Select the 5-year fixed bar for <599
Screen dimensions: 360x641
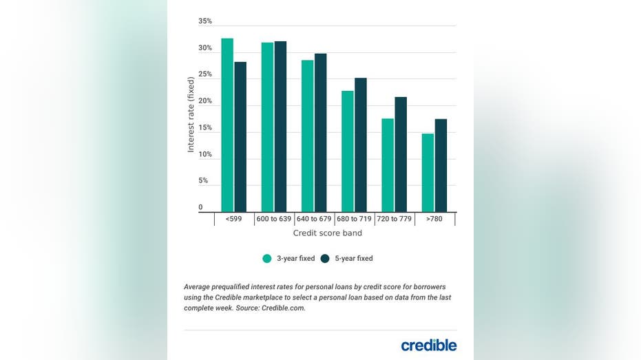pyautogui.click(x=240, y=137)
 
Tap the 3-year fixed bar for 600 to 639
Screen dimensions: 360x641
pyautogui.click(x=267, y=127)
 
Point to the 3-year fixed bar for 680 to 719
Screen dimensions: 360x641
pyautogui.click(x=348, y=151)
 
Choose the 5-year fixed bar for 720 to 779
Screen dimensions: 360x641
pyautogui.click(x=401, y=154)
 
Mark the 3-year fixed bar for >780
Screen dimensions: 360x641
pyautogui.click(x=428, y=173)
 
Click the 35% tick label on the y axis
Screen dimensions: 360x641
pyautogui.click(x=205, y=21)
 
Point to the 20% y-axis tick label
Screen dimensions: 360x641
pyautogui.click(x=205, y=101)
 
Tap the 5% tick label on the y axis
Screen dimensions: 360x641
pyautogui.click(x=204, y=181)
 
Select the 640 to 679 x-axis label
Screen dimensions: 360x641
pyautogui.click(x=314, y=219)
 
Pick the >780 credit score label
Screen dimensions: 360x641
pyautogui.click(x=434, y=219)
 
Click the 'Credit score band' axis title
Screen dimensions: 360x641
pyautogui.click(x=328, y=233)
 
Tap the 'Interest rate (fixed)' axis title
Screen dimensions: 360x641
pyautogui.click(x=191, y=114)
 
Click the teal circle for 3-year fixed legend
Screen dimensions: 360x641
pyautogui.click(x=267, y=259)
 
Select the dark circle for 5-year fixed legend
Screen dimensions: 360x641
pyautogui.click(x=325, y=259)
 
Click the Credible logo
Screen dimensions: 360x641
pyautogui.click(x=428, y=345)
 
